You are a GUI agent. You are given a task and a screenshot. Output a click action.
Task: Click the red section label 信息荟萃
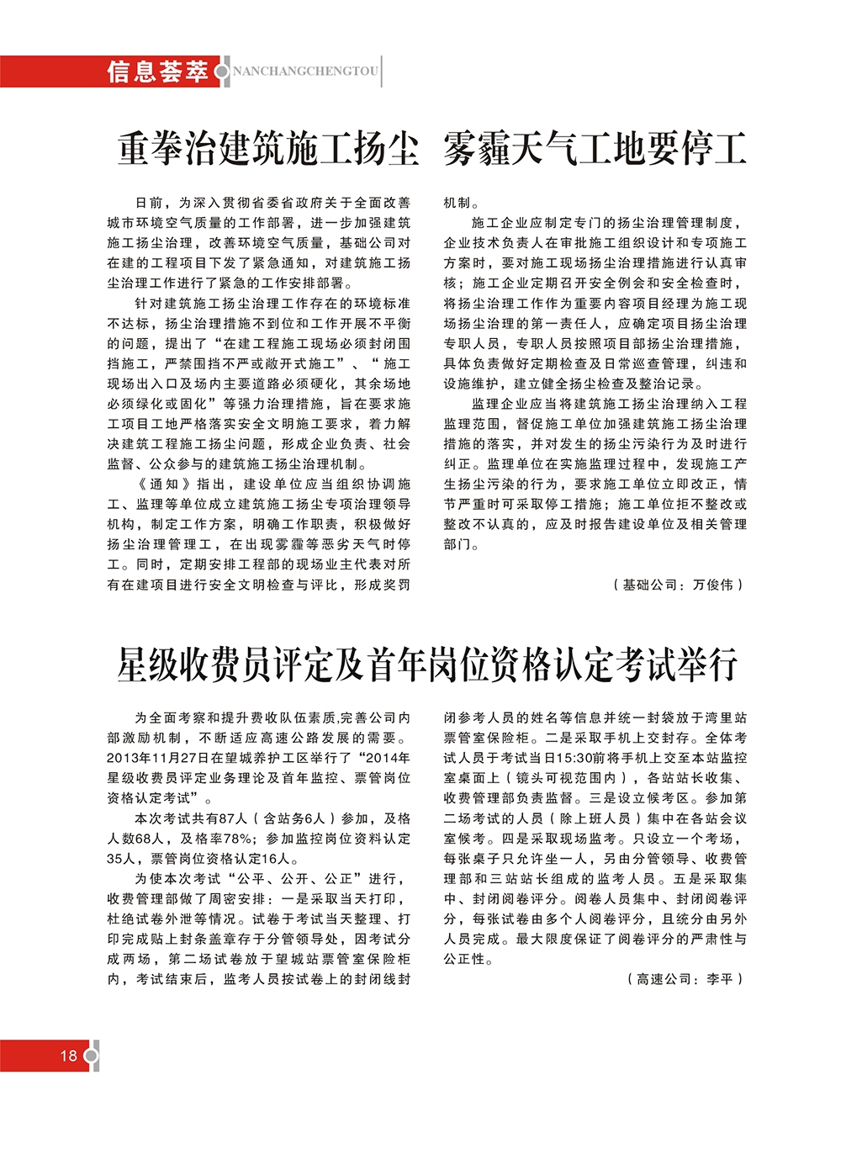157,71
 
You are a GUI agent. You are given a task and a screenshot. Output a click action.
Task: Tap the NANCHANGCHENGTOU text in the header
305,71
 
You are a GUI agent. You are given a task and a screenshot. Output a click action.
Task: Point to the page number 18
68,1056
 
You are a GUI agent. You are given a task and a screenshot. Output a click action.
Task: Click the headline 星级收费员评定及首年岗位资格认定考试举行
427,665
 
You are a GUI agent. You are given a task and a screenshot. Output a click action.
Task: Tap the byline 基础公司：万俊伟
679,585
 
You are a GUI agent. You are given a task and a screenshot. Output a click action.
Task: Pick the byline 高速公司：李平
685,979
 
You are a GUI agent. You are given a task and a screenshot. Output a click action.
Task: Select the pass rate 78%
238,839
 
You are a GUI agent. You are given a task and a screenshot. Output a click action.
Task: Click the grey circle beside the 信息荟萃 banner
221,71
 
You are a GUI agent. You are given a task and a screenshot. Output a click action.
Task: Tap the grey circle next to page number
91,1056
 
